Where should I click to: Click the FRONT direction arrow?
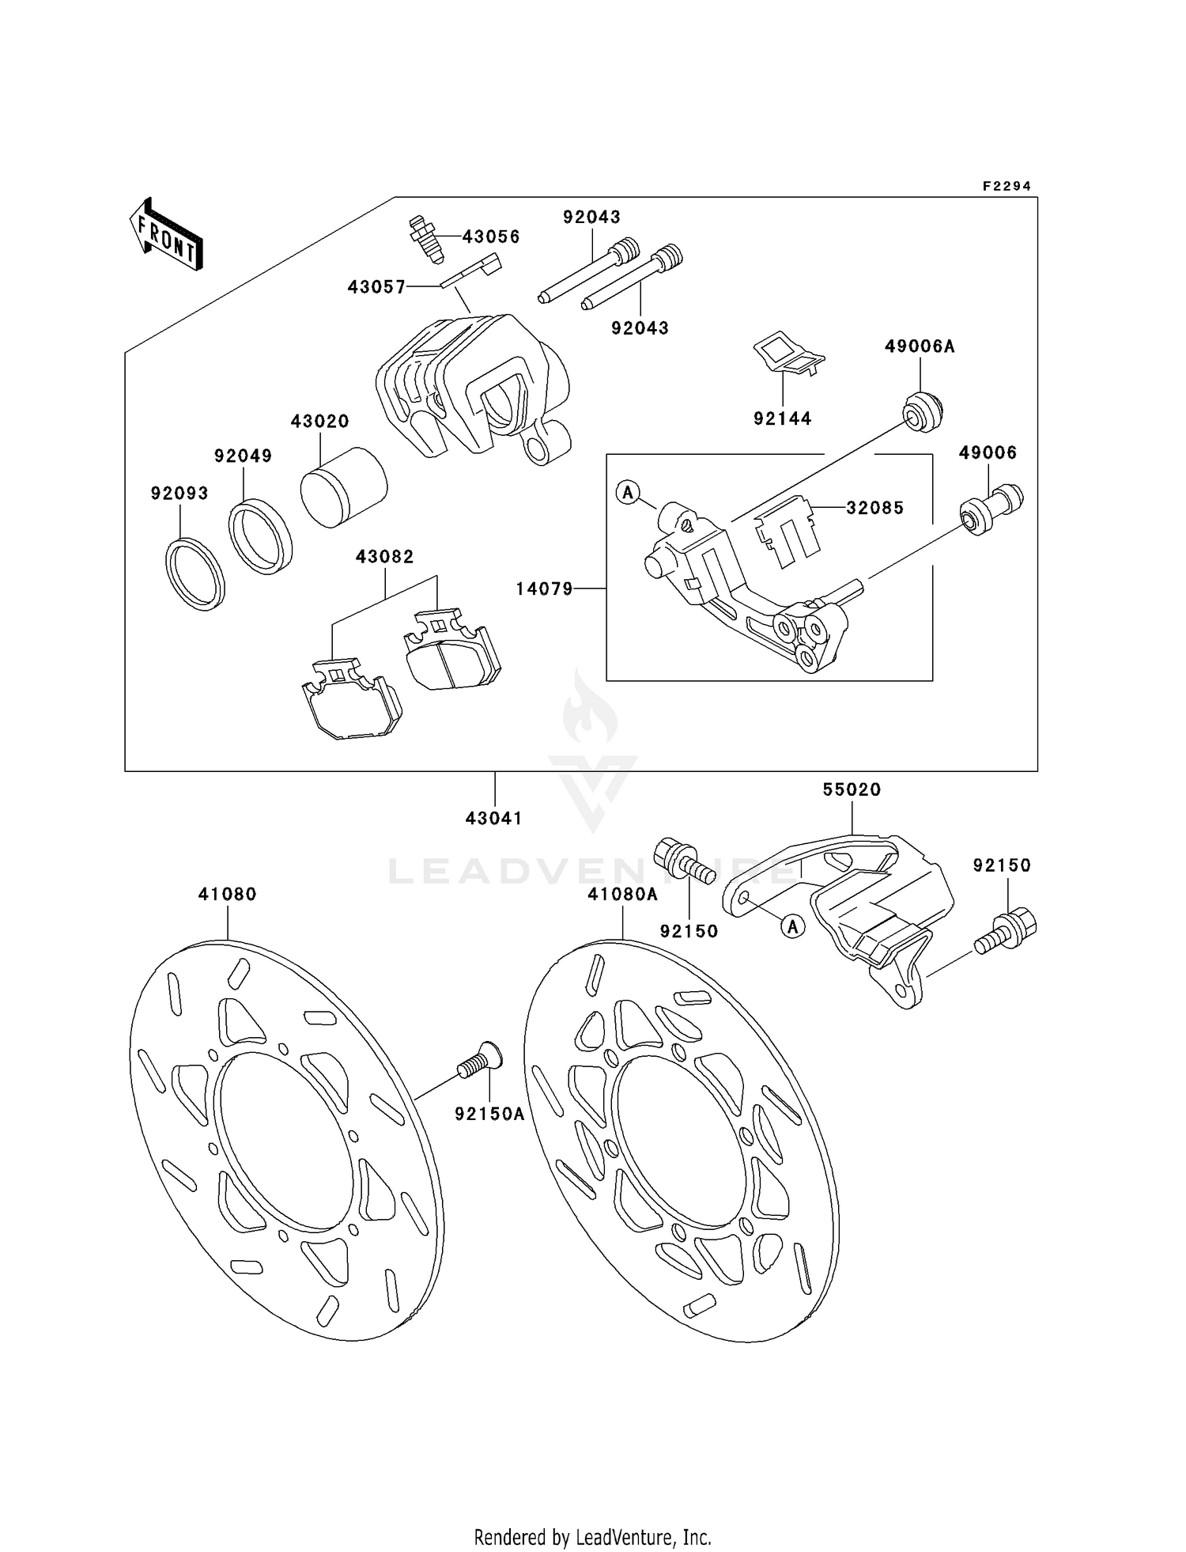166,235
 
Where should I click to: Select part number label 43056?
490,237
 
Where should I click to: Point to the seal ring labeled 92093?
195,573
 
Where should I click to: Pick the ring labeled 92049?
260,536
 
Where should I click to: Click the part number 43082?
384,557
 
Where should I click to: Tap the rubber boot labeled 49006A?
923,411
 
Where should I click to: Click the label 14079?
544,589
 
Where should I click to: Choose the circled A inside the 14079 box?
628,493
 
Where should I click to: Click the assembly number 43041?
494,819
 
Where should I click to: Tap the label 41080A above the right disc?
622,894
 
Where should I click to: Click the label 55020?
852,789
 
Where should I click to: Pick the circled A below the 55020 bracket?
793,926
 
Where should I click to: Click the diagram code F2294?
1007,186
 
